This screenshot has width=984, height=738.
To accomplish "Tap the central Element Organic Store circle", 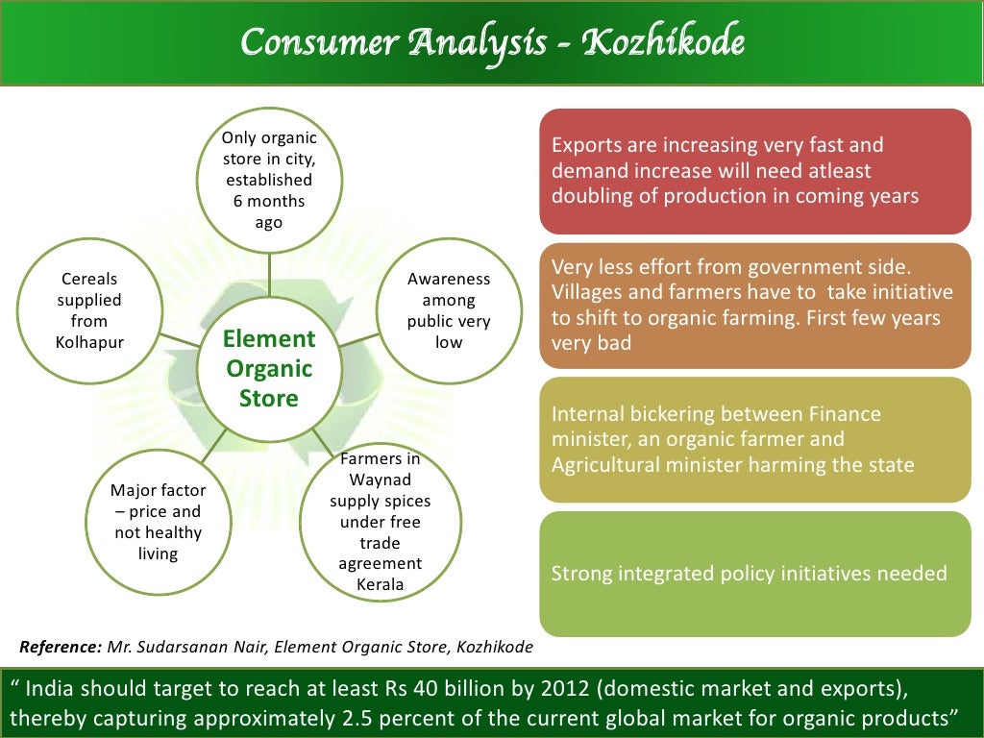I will pyautogui.click(x=269, y=368).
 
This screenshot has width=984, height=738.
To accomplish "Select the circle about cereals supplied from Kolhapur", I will pyautogui.click(x=89, y=310).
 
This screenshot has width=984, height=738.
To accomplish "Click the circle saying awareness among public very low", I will pyautogui.click(x=449, y=310).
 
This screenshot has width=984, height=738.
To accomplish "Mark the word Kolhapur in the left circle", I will pyautogui.click(x=89, y=342).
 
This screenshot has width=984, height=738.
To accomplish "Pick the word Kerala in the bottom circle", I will pyautogui.click(x=380, y=584).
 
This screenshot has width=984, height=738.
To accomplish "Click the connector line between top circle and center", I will pyautogui.click(x=269, y=280).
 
